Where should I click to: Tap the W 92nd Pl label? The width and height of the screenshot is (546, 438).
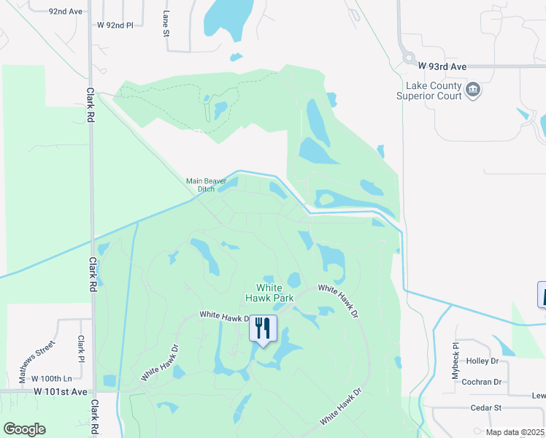pos(115,25)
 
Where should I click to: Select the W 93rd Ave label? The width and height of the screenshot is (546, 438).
pos(447,66)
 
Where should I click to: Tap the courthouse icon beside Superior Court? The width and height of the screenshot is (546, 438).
pos(473,90)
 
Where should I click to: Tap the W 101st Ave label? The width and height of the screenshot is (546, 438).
pos(61,392)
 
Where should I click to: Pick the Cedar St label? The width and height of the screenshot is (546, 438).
pos(487,407)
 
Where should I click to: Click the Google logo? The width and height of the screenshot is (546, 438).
pos(24,429)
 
